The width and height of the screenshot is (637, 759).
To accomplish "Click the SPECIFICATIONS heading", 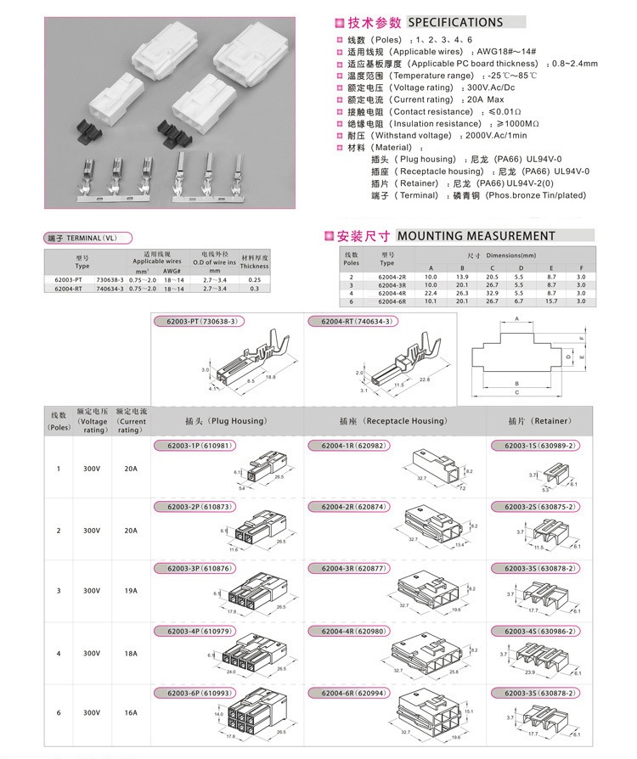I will [455, 22].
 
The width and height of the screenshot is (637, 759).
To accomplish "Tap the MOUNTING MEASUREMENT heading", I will [476, 235].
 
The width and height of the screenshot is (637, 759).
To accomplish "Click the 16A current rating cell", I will [130, 712].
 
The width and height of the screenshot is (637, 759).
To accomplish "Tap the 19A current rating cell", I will [130, 591].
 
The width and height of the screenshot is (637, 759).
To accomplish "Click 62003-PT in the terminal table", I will [68, 279].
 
